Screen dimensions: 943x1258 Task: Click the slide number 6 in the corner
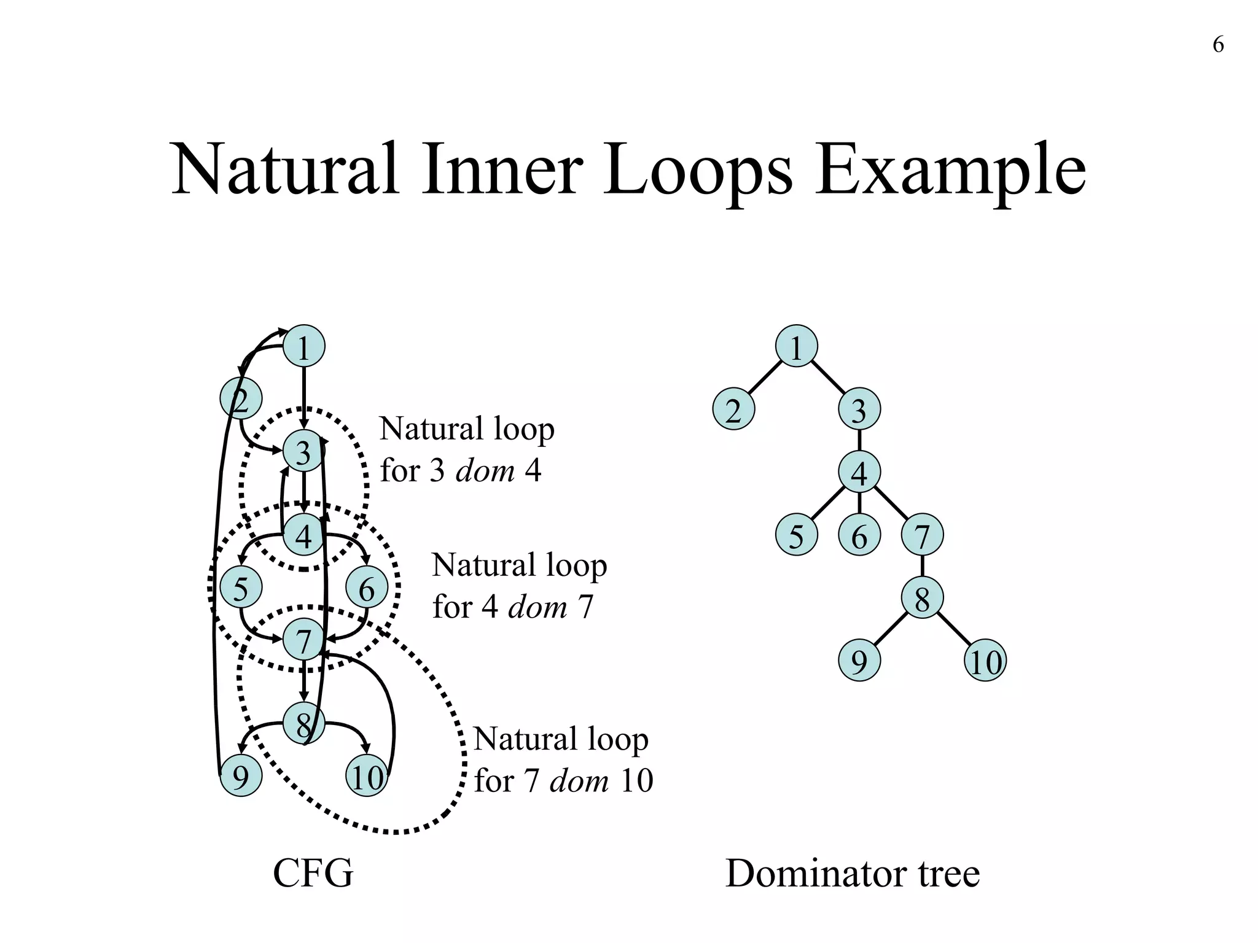point(1218,45)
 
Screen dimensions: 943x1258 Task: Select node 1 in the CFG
point(303,346)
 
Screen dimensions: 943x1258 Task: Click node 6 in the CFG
point(367,588)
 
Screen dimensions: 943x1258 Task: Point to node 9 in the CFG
point(241,776)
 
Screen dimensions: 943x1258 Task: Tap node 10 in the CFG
point(367,776)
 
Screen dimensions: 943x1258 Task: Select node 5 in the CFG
point(241,588)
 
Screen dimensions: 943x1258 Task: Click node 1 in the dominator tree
point(796,346)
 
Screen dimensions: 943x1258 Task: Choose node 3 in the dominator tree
point(859,409)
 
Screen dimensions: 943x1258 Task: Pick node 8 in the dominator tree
point(922,598)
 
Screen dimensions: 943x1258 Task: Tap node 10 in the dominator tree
point(985,661)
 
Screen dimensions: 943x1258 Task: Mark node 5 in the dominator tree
point(796,535)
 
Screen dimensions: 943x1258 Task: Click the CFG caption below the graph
point(313,874)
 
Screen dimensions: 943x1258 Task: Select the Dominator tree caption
point(852,874)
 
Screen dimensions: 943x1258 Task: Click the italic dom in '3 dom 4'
point(485,471)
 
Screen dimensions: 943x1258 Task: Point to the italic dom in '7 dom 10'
point(579,781)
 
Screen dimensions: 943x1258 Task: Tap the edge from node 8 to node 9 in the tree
point(890,630)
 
